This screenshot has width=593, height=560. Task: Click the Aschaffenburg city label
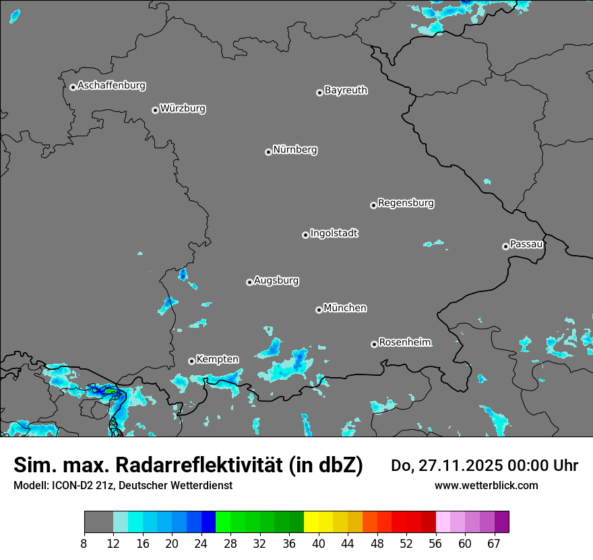(x=111, y=86)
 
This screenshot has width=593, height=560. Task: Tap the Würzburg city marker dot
(x=155, y=110)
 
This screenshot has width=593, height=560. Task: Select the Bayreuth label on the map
(x=346, y=90)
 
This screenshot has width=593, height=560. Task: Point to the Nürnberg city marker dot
(x=268, y=152)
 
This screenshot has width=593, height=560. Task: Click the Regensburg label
(x=406, y=202)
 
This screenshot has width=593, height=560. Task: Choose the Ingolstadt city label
(x=334, y=233)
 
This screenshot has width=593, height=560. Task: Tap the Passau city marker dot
(x=505, y=246)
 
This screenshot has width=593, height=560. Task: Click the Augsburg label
(x=276, y=280)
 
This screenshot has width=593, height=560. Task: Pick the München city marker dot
(x=319, y=310)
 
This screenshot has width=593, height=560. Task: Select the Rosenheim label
(x=404, y=342)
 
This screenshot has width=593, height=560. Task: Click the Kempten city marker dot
(x=191, y=361)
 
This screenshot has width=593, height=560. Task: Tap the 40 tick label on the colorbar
(x=319, y=543)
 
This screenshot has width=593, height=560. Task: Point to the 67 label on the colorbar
(x=494, y=543)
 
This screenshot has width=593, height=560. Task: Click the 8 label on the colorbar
(x=84, y=543)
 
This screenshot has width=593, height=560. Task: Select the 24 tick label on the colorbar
(x=201, y=543)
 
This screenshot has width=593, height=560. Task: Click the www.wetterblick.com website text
(x=486, y=485)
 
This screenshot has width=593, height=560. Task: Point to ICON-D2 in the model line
(x=75, y=485)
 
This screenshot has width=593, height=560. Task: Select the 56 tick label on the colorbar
(x=435, y=543)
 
